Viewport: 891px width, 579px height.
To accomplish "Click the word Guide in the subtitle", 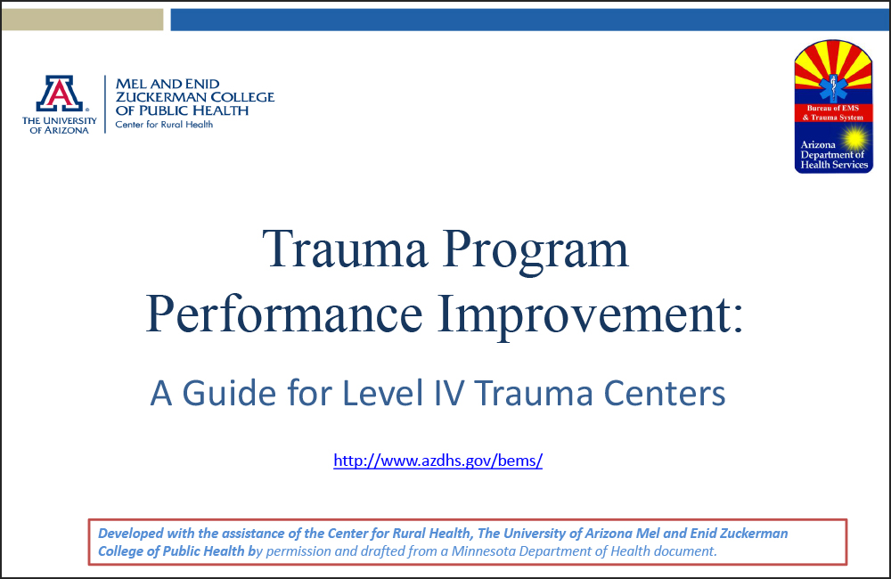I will [x=222, y=393].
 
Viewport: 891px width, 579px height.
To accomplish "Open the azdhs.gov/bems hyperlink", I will [x=437, y=461].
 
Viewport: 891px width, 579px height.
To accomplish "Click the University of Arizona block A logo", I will [x=59, y=94].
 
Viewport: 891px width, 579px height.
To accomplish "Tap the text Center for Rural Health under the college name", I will [x=164, y=125].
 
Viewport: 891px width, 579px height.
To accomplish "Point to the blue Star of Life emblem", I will [x=834, y=87].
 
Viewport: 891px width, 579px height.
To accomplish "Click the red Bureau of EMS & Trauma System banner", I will [x=833, y=113].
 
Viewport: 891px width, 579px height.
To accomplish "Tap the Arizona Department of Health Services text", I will [x=832, y=155].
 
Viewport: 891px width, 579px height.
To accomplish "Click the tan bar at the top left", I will [x=81, y=20].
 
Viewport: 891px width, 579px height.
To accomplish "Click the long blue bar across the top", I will [x=529, y=20].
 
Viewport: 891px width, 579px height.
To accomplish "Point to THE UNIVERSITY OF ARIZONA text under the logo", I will [x=59, y=126].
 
